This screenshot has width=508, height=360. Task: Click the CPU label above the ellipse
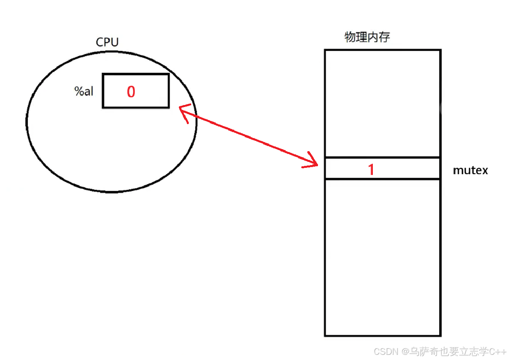(x=107, y=43)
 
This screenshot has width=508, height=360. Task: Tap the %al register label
(x=84, y=91)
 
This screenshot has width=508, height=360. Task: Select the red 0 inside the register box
(x=131, y=92)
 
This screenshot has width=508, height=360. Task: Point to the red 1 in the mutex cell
(x=371, y=169)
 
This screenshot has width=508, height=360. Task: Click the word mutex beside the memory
(x=471, y=171)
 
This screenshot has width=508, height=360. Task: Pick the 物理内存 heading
(x=367, y=37)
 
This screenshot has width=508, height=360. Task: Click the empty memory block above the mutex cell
(x=382, y=103)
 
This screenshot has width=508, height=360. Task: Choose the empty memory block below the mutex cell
(x=382, y=257)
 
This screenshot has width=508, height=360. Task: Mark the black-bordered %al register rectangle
(x=136, y=75)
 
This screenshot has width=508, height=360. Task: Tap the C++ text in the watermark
(x=498, y=352)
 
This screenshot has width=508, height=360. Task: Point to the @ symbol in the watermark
(x=405, y=352)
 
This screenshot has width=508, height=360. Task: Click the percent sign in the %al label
(x=78, y=91)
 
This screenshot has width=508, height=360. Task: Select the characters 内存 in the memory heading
(x=379, y=37)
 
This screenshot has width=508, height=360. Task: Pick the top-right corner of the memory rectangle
(x=440, y=50)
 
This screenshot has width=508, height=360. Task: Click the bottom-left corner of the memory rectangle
(x=325, y=335)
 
